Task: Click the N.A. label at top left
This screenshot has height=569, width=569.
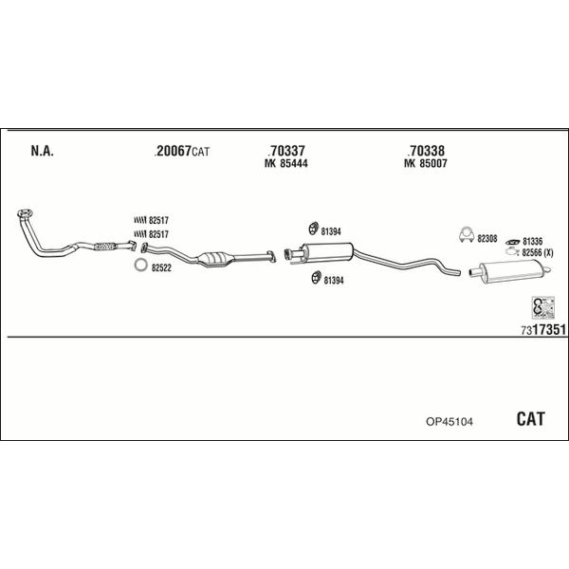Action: click(x=42, y=151)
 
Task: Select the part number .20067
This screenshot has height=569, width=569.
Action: click(x=173, y=151)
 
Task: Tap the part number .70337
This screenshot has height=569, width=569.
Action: click(x=286, y=150)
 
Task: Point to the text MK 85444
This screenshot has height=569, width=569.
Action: click(x=286, y=164)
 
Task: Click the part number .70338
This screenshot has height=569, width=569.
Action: click(x=426, y=150)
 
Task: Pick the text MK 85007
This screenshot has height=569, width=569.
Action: click(x=425, y=163)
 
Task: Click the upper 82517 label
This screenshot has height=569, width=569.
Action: click(x=158, y=220)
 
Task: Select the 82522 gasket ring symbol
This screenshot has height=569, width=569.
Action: click(x=140, y=265)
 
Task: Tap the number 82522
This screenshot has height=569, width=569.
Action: click(x=161, y=268)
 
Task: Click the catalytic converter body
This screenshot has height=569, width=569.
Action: click(x=215, y=259)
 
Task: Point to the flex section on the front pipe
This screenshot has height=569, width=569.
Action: click(x=104, y=246)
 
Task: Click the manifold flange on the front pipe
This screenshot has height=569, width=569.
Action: click(x=25, y=213)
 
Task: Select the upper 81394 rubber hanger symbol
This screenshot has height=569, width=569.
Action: click(x=313, y=229)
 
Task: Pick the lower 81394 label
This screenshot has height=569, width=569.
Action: click(x=334, y=281)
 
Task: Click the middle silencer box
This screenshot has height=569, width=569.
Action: click(x=328, y=250)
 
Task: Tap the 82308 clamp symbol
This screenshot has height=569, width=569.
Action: click(x=467, y=235)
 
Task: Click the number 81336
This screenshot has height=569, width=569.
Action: click(x=532, y=241)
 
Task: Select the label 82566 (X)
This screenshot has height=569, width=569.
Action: click(x=538, y=253)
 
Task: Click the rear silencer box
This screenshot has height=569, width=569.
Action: click(x=512, y=271)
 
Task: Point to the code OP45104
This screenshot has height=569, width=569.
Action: click(x=450, y=422)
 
